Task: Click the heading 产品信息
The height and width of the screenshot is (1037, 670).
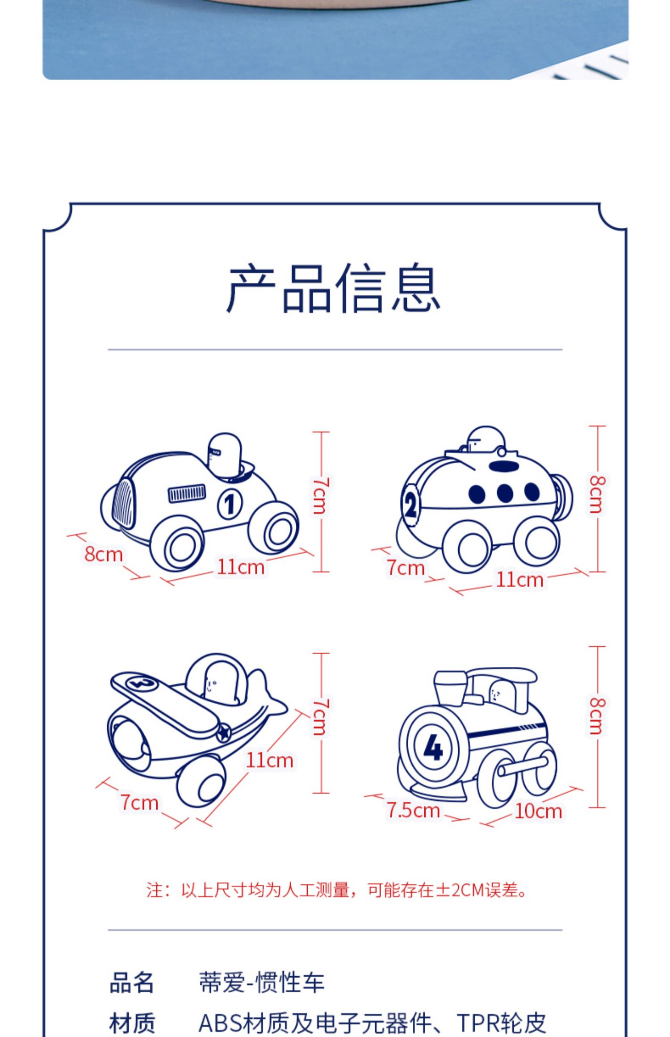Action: pyautogui.click(x=334, y=288)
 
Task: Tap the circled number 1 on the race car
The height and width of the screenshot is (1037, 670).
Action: pyautogui.click(x=230, y=504)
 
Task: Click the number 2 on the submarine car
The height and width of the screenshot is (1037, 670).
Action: pyautogui.click(x=410, y=506)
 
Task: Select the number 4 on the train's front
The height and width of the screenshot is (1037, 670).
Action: pyautogui.click(x=432, y=747)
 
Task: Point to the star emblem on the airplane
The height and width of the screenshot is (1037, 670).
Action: pyautogui.click(x=223, y=733)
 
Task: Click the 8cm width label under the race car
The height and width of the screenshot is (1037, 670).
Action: pyautogui.click(x=104, y=554)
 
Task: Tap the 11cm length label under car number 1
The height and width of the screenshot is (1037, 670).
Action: pyautogui.click(x=241, y=567)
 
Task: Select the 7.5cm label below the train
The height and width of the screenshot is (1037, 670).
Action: pyautogui.click(x=413, y=810)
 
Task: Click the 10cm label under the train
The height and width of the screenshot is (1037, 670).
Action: pyautogui.click(x=538, y=811)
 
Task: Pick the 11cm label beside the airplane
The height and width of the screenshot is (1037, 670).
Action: pyautogui.click(x=270, y=760)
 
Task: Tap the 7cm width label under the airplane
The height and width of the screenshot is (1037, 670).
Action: pyautogui.click(x=139, y=803)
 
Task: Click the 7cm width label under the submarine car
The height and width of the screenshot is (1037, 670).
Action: pyautogui.click(x=406, y=568)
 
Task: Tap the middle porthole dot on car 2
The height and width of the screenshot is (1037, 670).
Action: pyautogui.click(x=504, y=493)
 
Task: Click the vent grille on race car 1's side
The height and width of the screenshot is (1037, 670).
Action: pyautogui.click(x=187, y=493)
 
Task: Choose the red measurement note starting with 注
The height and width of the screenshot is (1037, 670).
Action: pyautogui.click(x=337, y=890)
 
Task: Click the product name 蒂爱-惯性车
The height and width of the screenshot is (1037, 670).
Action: pyautogui.click(x=261, y=983)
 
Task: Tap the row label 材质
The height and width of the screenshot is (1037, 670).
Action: pyautogui.click(x=132, y=1023)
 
